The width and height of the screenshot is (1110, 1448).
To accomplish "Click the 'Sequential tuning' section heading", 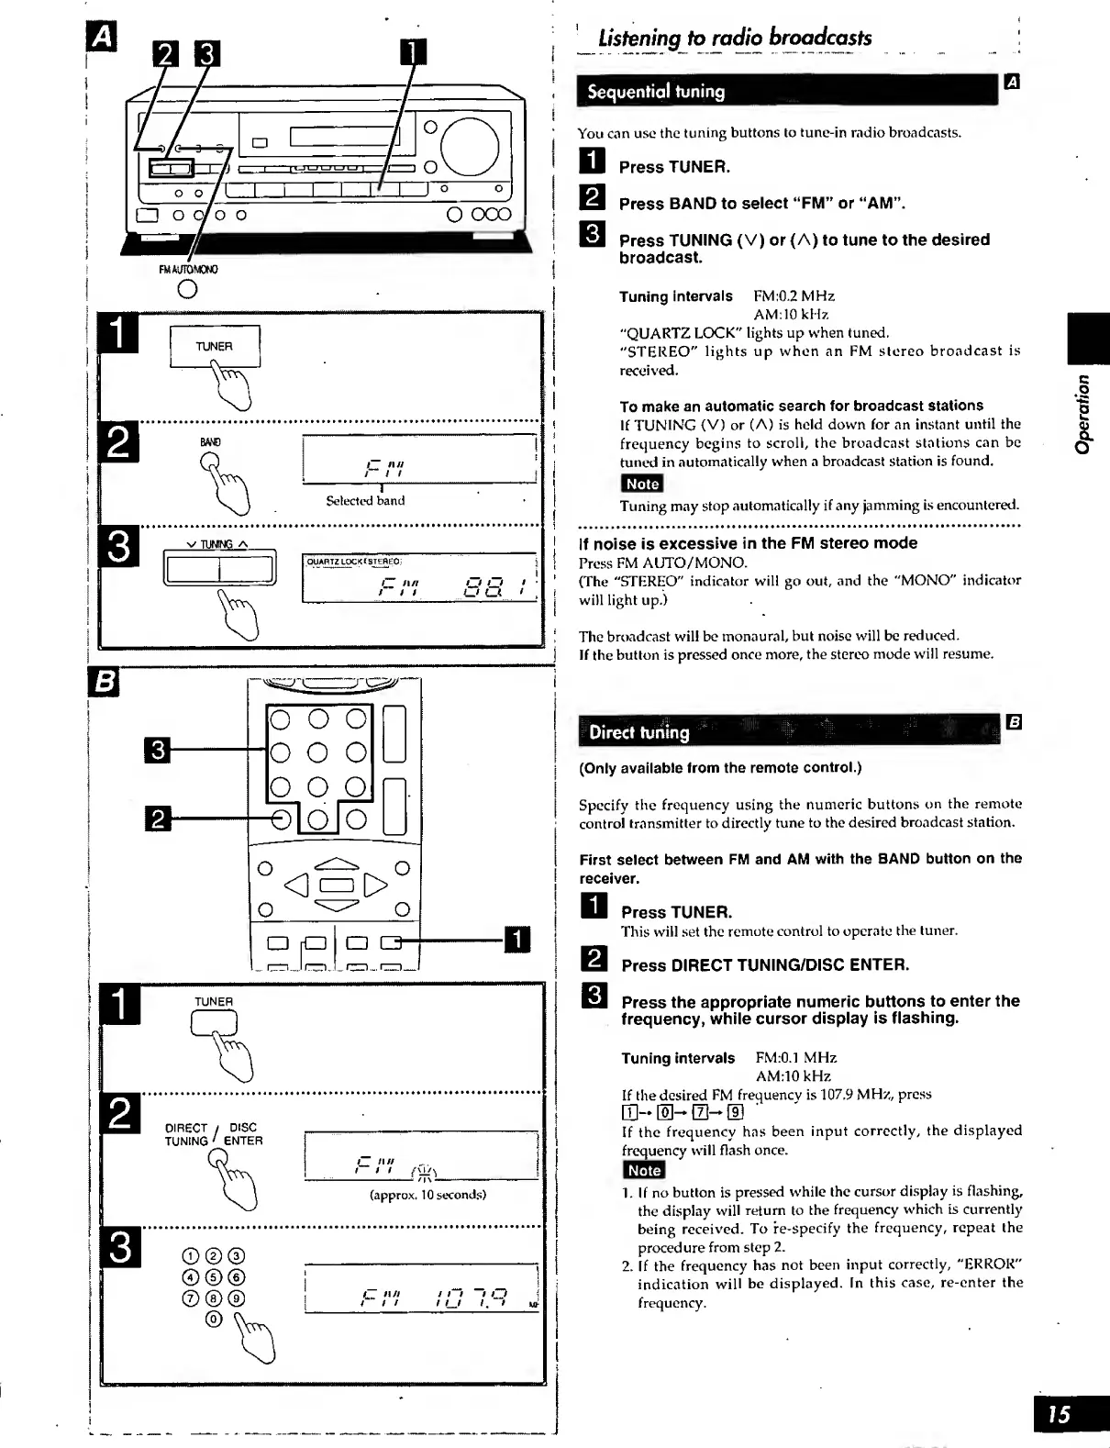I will click(656, 92).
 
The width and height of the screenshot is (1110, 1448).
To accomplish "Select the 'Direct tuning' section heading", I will click(638, 732).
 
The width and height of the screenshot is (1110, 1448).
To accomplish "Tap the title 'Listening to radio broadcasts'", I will click(734, 39).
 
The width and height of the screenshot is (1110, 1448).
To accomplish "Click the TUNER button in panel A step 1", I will click(215, 347).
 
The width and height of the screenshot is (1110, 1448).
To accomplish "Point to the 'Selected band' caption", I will click(365, 501).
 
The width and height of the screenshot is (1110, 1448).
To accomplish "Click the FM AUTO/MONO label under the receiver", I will click(188, 270).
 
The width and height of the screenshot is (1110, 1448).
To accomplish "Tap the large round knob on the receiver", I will click(471, 147).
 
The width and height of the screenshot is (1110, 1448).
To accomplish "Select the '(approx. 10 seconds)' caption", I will click(427, 1195).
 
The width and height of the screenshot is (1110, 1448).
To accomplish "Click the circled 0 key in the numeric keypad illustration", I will click(214, 1320).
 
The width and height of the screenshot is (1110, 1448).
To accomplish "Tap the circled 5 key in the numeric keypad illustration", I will click(214, 1277).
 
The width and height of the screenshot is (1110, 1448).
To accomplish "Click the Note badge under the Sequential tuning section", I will click(641, 484).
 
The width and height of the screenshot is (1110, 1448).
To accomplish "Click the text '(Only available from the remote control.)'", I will click(720, 767).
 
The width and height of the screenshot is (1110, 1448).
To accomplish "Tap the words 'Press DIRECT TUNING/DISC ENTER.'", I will click(765, 965).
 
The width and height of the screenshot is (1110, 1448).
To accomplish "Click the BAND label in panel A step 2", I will click(210, 442).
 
